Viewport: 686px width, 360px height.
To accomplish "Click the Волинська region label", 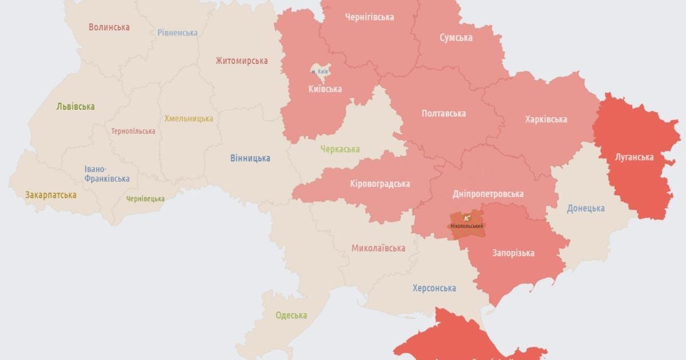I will [109, 27].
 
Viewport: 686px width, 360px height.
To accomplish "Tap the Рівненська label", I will [177, 33].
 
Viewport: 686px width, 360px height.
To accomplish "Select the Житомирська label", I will [241, 61].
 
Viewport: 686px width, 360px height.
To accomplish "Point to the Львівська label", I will [75, 106].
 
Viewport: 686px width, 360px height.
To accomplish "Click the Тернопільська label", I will [133, 131].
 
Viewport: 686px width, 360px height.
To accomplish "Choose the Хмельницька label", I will [189, 118].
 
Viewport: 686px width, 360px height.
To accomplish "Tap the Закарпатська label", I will [50, 195].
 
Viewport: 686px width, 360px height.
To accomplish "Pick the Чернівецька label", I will [145, 199].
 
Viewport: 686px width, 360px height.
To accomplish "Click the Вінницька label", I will [250, 158].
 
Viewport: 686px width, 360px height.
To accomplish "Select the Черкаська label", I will [340, 149].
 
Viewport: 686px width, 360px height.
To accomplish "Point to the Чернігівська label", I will [369, 17].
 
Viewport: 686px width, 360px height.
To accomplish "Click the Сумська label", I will [456, 38].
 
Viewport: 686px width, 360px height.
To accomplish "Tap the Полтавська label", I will [443, 113].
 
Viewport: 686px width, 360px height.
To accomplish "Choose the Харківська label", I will [546, 119].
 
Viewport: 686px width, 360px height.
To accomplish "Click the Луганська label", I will [634, 157].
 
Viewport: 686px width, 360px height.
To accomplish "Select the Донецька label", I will [585, 208].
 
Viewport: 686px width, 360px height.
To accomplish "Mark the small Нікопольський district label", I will [466, 226].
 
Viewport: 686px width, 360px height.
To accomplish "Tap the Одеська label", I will [291, 315].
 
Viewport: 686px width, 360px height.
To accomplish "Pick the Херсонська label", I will [434, 288].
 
